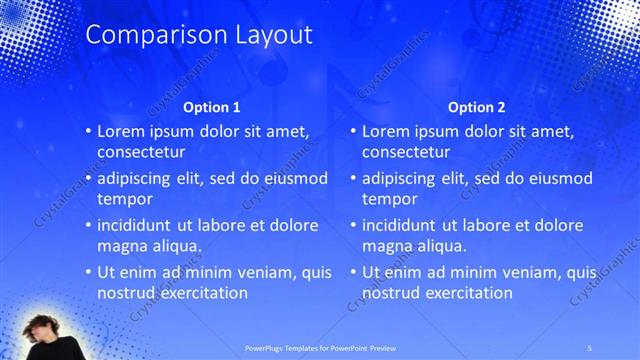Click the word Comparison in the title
[x=142, y=36]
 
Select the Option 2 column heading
[x=477, y=107]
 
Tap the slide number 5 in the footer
[x=590, y=347]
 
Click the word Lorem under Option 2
[x=388, y=131]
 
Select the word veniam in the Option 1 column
[x=256, y=271]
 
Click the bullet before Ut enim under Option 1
[x=88, y=271]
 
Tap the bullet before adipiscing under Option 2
[x=353, y=178]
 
